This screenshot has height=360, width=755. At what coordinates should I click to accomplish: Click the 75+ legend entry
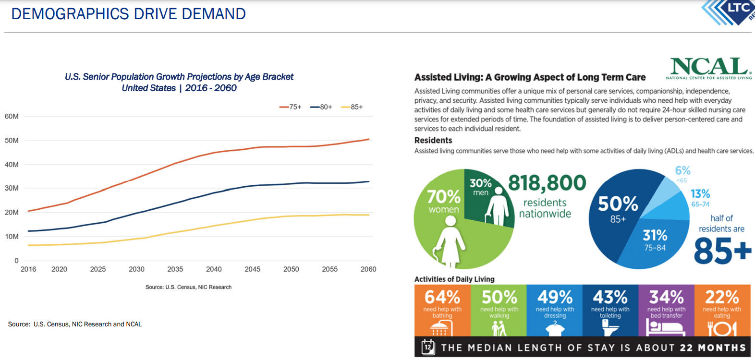click(291, 107)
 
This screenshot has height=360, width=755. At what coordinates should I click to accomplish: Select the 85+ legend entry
click(352, 107)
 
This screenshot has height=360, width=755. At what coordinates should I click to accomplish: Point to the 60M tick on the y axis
click(12, 116)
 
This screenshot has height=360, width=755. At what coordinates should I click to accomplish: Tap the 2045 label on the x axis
click(252, 269)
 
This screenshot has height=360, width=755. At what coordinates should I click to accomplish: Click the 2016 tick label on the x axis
click(28, 269)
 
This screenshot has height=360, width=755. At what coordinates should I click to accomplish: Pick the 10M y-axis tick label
click(12, 236)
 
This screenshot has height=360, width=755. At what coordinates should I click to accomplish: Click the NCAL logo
click(709, 68)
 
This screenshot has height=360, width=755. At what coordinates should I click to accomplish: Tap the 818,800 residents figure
click(547, 183)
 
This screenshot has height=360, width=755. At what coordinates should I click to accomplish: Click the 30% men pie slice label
click(480, 187)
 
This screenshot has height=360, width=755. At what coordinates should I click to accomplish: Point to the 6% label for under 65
click(682, 172)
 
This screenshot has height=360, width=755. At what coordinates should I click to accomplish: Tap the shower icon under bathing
click(442, 328)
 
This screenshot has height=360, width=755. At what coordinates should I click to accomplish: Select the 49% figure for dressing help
click(555, 297)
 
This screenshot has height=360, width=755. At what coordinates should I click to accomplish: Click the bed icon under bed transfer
click(666, 328)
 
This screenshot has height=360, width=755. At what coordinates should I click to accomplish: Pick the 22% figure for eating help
click(722, 297)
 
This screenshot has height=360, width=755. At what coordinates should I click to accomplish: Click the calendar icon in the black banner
click(427, 347)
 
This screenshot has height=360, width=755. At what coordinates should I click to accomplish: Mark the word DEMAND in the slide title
click(214, 14)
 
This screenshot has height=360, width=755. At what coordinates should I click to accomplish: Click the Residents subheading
click(433, 140)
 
